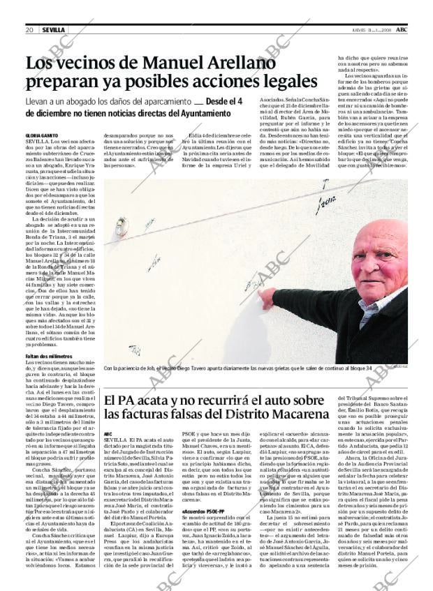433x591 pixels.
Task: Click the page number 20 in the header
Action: [30, 30]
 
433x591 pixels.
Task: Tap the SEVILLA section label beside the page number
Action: [53, 30]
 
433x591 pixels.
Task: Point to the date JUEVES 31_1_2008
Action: [372, 30]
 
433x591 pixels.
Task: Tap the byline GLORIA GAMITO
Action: [42, 135]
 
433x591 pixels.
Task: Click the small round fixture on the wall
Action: [122, 225]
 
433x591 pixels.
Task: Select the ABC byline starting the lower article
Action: [108, 433]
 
